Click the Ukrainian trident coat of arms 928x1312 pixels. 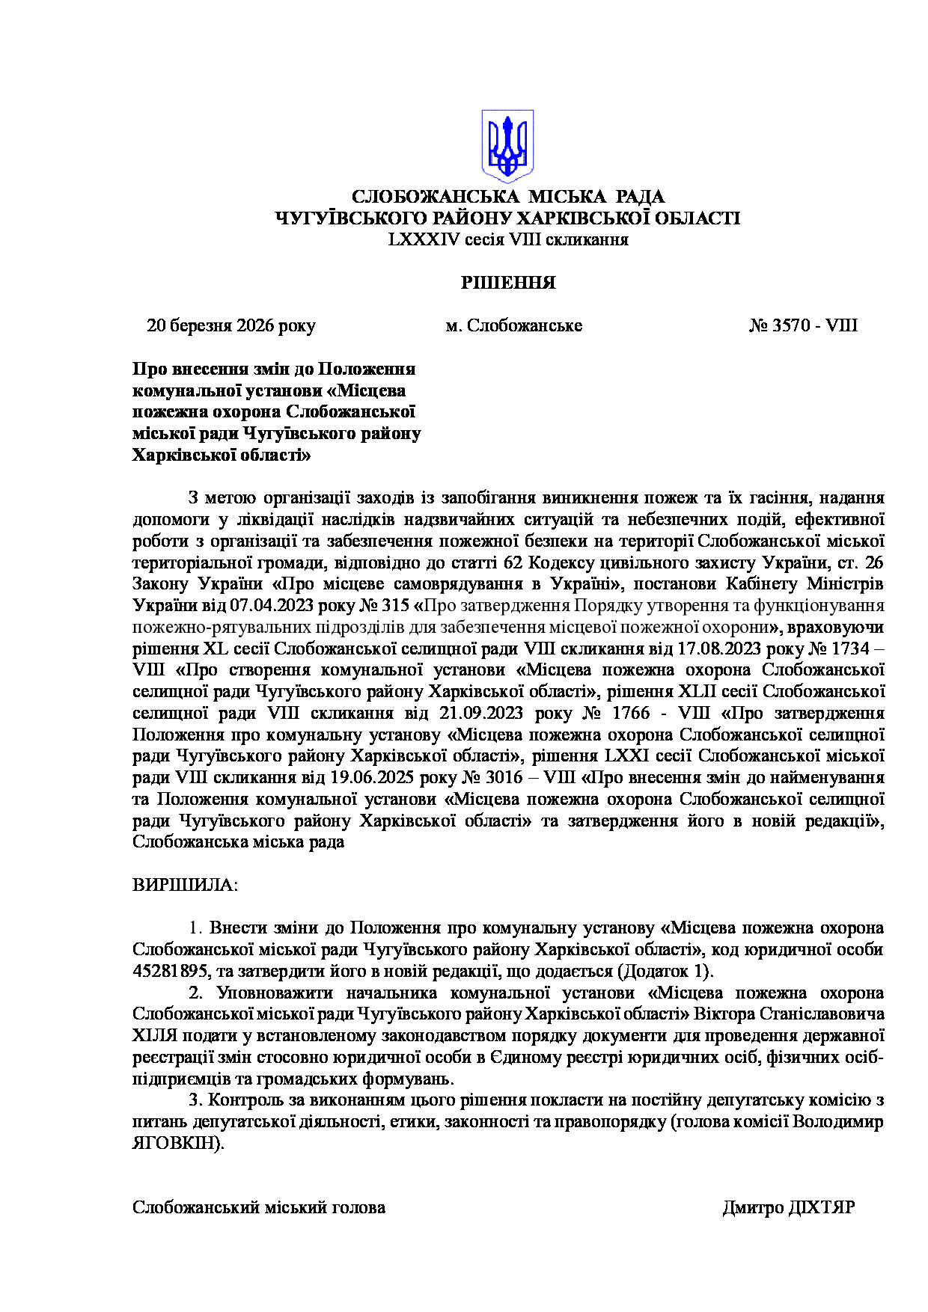(507, 146)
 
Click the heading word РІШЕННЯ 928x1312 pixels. (508, 283)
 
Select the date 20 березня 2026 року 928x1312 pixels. (231, 326)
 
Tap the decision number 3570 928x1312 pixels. (792, 326)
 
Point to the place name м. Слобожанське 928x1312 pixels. (513, 326)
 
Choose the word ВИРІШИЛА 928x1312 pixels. (184, 886)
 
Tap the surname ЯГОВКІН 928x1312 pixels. (177, 1144)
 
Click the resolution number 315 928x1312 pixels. (396, 605)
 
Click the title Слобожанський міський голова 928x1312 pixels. (259, 1208)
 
